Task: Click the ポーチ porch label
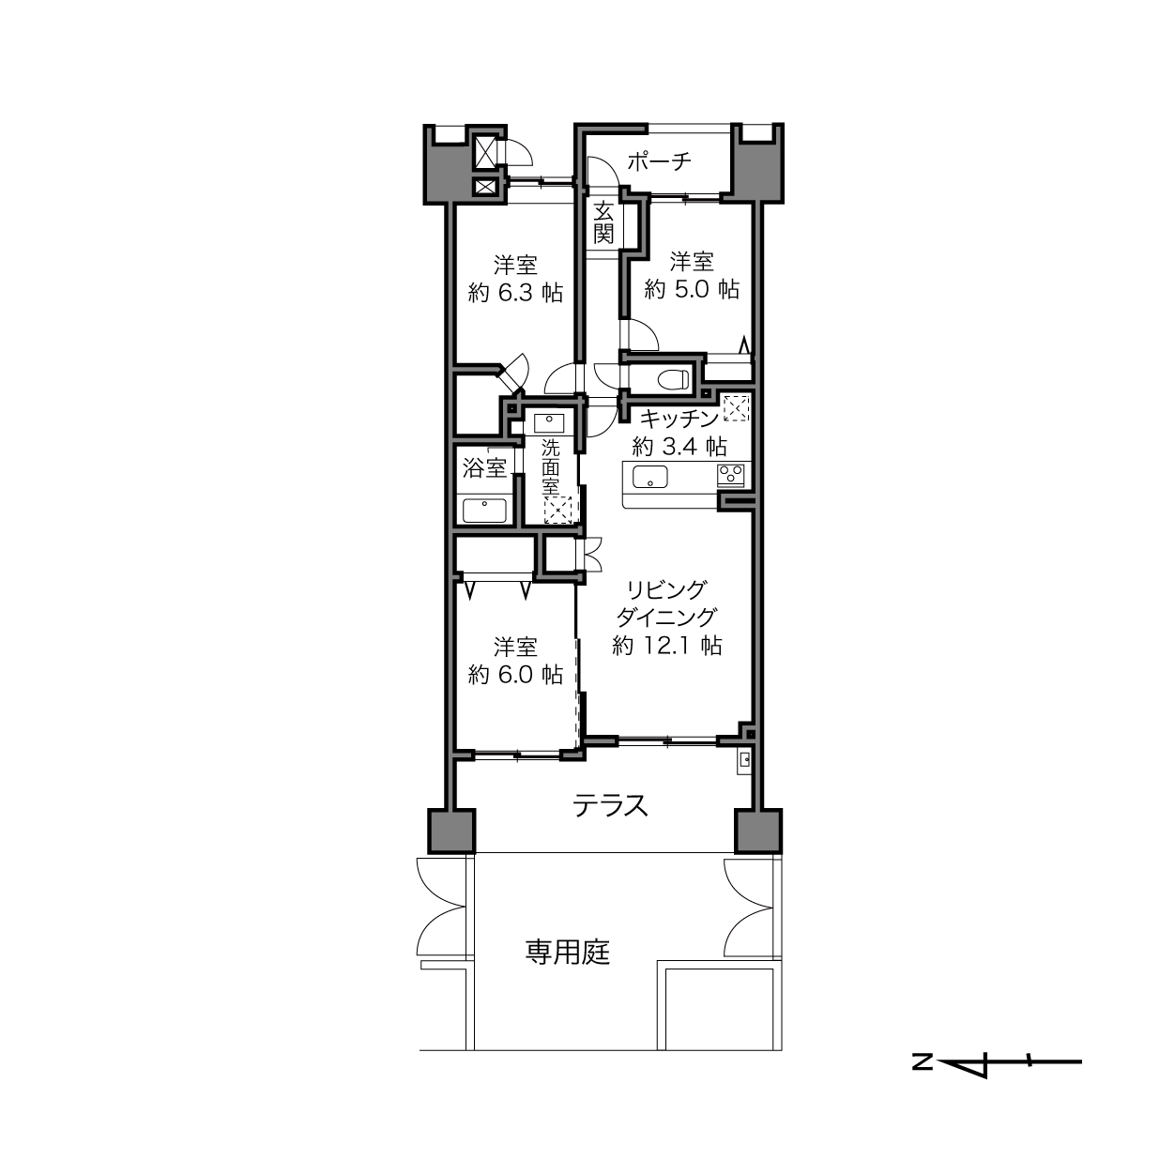[x=659, y=161]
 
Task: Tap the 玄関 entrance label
[x=603, y=222]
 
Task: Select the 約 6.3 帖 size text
[x=515, y=294]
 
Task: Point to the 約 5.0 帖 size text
[x=692, y=289]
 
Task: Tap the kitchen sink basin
[x=650, y=477]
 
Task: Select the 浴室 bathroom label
[x=485, y=468]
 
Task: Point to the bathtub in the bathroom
[x=485, y=511]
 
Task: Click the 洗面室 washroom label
[x=551, y=467]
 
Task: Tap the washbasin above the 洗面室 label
[x=549, y=422]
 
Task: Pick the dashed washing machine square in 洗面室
[x=557, y=511]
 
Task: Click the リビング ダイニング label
[x=666, y=603]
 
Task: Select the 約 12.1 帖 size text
[x=667, y=645]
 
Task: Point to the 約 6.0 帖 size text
[x=515, y=675]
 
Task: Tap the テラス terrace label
[x=610, y=806]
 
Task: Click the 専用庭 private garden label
[x=569, y=952]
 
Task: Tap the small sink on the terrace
[x=744, y=760]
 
